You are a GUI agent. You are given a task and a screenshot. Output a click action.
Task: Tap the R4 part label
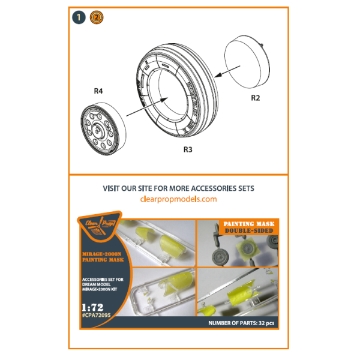pos(99,92)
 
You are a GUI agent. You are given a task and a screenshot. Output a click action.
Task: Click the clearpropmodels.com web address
pos(178,199)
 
